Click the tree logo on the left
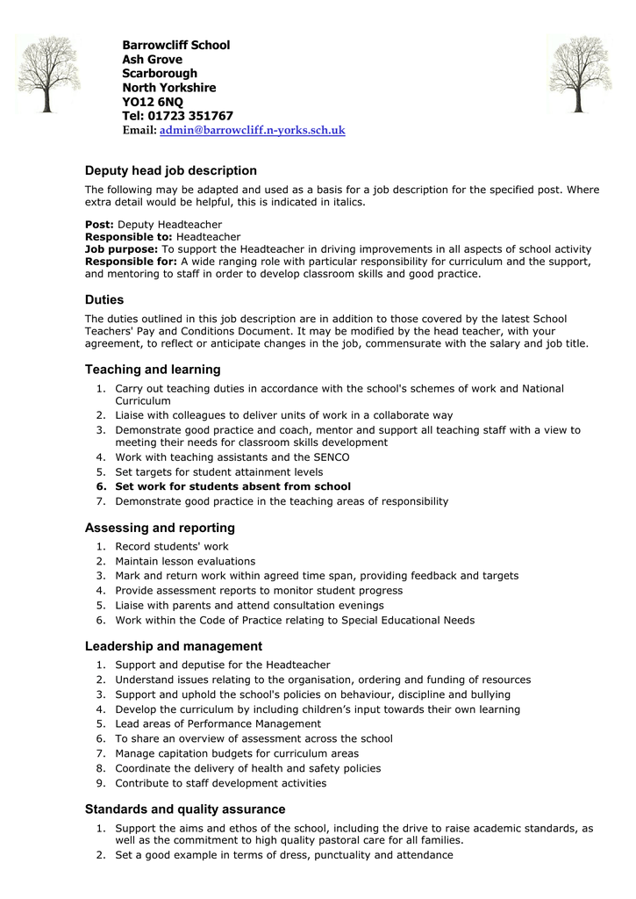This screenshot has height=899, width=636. (x=48, y=74)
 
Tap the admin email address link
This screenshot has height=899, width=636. (x=252, y=131)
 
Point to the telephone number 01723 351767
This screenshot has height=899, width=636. (x=190, y=116)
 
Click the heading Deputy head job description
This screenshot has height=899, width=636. (x=170, y=170)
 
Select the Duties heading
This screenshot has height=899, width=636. (x=104, y=299)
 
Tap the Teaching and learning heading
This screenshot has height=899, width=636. (x=153, y=370)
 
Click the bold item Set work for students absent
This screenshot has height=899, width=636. (x=232, y=486)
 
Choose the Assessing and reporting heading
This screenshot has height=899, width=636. (x=160, y=528)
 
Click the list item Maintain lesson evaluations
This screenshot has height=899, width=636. (x=185, y=561)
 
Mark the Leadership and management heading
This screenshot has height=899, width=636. (x=173, y=646)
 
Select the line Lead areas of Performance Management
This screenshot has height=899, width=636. (x=218, y=724)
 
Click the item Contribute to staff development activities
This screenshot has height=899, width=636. (x=220, y=783)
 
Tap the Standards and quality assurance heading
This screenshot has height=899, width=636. (x=184, y=809)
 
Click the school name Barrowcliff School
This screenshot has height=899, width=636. (x=175, y=45)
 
